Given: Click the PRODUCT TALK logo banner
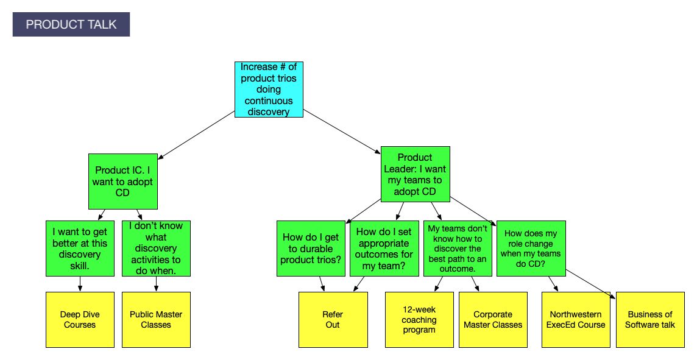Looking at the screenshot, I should coord(71,24).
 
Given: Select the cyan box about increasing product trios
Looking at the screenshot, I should coord(269,89).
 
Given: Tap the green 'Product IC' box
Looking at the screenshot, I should coord(122,181).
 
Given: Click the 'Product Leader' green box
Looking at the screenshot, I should coord(415,174).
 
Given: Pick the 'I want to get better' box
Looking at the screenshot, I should coord(80,249).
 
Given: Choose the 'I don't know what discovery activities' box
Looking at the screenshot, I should coord(156,249).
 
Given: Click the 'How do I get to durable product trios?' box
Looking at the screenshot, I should coord(311,249).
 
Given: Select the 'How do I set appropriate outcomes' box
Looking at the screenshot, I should coord(384,249).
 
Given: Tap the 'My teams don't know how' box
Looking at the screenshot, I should coord(458,249).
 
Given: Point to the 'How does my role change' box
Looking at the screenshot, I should coord(531,249).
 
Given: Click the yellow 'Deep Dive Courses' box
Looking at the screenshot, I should coord(80,320).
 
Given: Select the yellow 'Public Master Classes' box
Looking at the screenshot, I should coord(156,320).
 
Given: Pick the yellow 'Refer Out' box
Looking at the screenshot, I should coord(333,320).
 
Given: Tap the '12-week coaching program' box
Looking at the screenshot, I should coord(419,320).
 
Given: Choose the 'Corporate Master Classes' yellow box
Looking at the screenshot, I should coord(493,320).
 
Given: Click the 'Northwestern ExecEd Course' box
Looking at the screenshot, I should coord(576,320).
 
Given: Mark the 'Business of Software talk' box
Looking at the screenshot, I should coord(650,320).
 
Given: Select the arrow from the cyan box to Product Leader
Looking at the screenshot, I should coord(342,131).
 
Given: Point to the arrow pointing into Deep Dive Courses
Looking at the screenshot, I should coord(80,284).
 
